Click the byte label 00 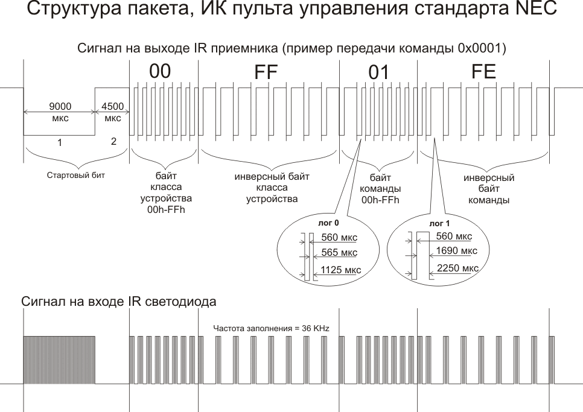point(161,71)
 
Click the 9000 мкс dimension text point(59,112)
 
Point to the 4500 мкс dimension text point(113,112)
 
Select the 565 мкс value point(340,252)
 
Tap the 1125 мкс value point(341,270)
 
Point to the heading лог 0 point(316,223)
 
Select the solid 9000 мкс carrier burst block point(59,360)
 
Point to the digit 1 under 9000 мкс point(59,143)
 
